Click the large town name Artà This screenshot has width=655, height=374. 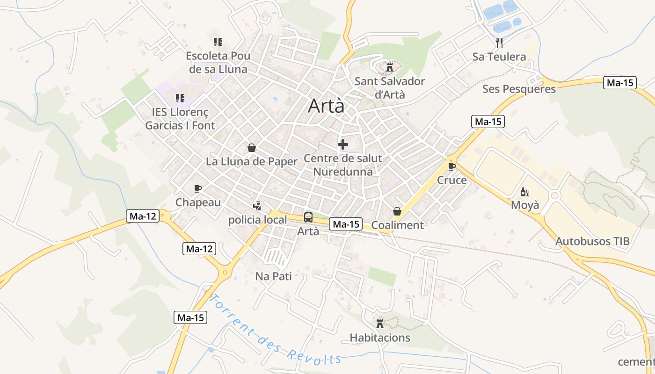tap(326, 106)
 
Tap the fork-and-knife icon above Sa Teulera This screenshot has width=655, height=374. tap(499, 43)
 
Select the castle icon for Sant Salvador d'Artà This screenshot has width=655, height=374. tap(389, 67)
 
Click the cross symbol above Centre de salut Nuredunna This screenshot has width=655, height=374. tap(343, 144)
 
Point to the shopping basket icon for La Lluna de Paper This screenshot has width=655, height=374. tap(252, 148)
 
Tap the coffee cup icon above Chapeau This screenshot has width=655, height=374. tap(198, 188)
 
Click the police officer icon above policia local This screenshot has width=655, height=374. tap(257, 206)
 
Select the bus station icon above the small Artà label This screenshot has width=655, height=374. tap(308, 217)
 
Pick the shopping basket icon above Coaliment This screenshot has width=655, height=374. tap(397, 211)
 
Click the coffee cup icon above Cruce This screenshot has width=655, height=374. tap(452, 166)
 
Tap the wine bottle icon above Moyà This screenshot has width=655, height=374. tap(525, 192)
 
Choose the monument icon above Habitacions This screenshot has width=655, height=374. tap(380, 324)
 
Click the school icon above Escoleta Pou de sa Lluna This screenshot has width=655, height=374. tap(218, 42)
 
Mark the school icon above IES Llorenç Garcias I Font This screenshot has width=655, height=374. tap(180, 98)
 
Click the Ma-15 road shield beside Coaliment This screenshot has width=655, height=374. tap(346, 224)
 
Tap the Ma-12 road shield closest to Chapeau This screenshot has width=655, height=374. tap(143, 216)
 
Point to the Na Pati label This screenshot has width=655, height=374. tap(273, 276)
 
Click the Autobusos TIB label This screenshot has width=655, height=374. tap(592, 242)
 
